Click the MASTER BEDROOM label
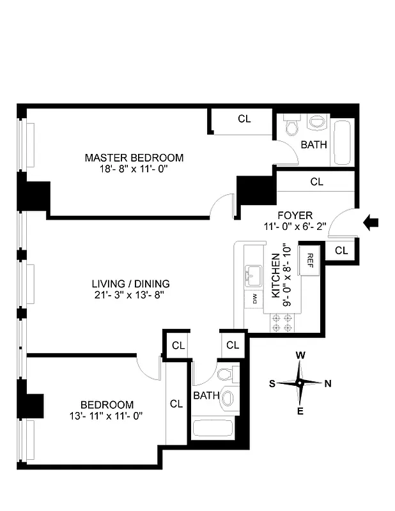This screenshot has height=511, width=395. point(134,158)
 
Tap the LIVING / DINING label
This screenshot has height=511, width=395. point(130,284)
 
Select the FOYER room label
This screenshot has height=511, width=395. point(294,215)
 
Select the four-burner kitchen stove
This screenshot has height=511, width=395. point(282,322)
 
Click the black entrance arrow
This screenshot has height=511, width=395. point(371,222)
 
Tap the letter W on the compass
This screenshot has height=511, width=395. point(300,356)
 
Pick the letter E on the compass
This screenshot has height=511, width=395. point(300,411)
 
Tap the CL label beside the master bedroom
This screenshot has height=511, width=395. point(244,119)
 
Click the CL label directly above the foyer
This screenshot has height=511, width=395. point(316,182)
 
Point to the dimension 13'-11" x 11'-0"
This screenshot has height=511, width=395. point(107,416)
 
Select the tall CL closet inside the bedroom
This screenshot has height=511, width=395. point(176,404)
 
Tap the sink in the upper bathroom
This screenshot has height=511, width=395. point(316,121)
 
